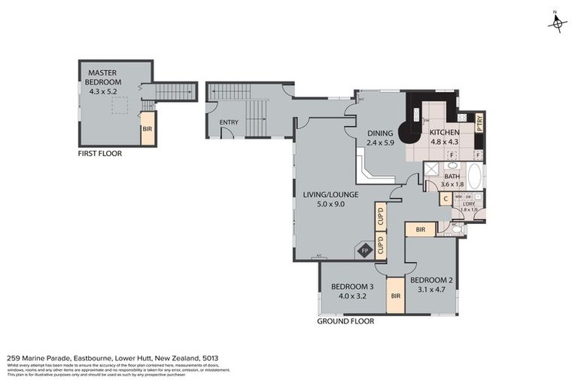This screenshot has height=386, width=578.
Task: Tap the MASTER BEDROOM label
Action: pos(105,77)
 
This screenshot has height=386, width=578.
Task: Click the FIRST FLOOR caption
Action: pos(100,153)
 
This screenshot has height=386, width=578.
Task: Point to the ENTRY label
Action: pos(229,122)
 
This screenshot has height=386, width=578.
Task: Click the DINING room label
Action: pos(380,133)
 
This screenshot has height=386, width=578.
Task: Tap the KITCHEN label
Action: pos(444,133)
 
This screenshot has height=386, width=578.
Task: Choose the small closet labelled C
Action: pos(446,199)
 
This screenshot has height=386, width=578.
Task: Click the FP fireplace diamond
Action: pos(366,250)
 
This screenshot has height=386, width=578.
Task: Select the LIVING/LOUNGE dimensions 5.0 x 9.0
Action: pos(324,204)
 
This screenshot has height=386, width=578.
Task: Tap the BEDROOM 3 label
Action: pos(352,286)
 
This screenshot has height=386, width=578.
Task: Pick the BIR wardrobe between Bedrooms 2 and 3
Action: pos(395,296)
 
